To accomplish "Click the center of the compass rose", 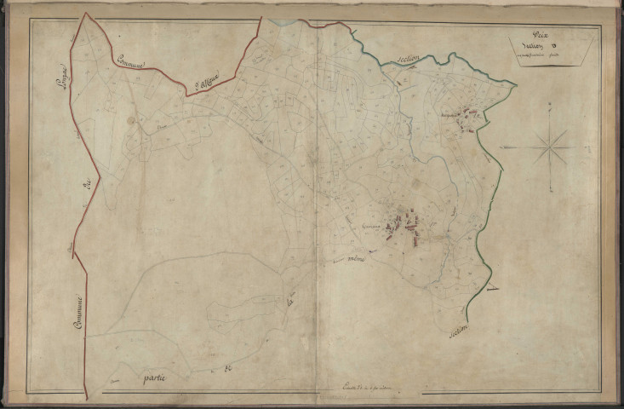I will [x=550, y=147].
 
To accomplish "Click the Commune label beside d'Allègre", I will [x=131, y=62].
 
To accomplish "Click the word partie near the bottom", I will [x=154, y=376].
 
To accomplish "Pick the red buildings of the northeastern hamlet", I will [x=466, y=122].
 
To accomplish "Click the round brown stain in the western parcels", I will [x=131, y=121].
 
